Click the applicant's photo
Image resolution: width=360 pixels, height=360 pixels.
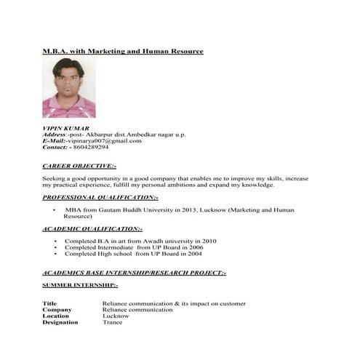(69, 88)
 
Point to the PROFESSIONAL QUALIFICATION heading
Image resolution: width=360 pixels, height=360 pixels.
(100, 197)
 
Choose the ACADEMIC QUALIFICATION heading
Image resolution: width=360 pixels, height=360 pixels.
(92, 228)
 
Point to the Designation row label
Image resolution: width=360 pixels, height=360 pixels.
(60, 322)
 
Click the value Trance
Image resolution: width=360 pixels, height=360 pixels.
(113, 322)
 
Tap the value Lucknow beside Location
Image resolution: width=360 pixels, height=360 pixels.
(116, 316)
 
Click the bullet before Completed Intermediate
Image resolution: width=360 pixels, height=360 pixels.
(55, 247)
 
